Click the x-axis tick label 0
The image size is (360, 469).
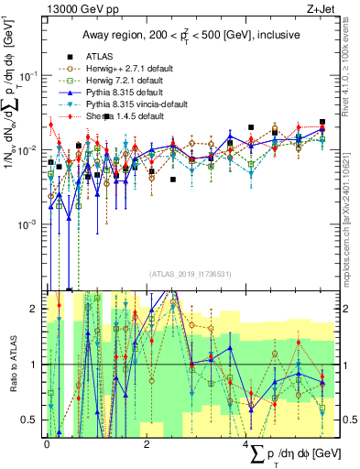point(47,442)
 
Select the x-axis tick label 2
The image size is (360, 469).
point(147,442)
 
